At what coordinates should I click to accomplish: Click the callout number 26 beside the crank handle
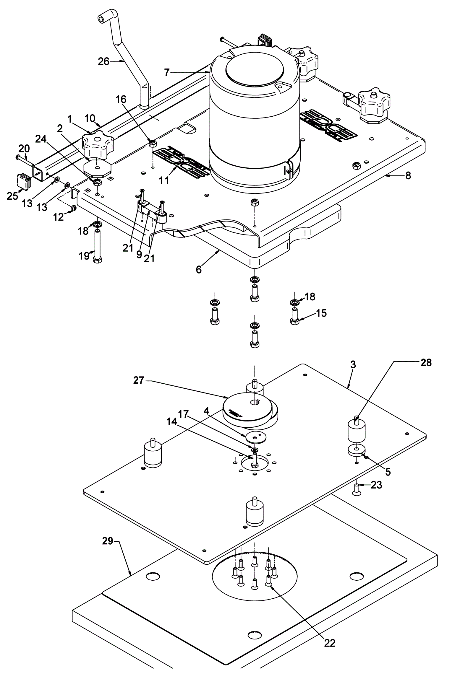tap(103, 62)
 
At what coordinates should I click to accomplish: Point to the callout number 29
tap(107, 541)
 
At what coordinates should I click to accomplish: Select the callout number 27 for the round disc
tap(139, 380)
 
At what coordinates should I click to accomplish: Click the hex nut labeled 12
tap(72, 208)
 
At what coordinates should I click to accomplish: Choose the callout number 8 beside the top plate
tap(408, 176)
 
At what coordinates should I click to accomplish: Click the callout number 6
tap(199, 269)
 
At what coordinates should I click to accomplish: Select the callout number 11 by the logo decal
tap(164, 180)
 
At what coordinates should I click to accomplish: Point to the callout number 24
tap(41, 139)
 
